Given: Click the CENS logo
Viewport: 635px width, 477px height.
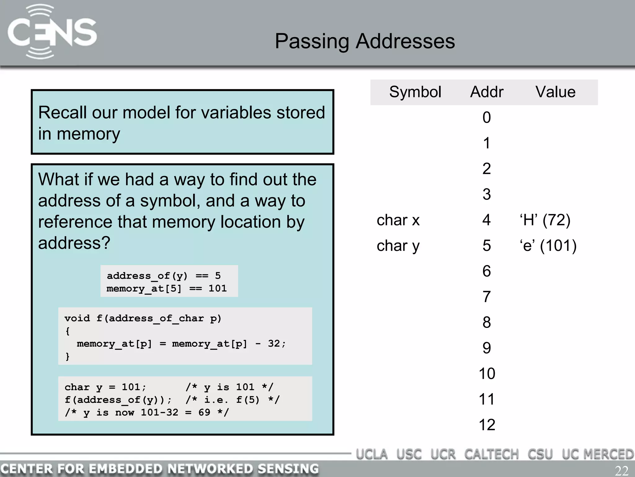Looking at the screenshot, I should click(52, 32).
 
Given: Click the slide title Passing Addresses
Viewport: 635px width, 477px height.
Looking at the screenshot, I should click(365, 41).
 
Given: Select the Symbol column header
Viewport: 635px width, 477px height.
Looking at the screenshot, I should click(415, 92).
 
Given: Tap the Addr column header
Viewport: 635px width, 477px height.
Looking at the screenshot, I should click(486, 92).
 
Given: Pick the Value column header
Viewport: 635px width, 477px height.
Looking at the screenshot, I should click(555, 92).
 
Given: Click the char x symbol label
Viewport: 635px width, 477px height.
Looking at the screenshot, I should click(398, 220).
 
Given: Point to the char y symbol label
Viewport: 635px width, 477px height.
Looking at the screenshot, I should click(398, 246).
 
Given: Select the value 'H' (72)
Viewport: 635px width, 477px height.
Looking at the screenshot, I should click(545, 220).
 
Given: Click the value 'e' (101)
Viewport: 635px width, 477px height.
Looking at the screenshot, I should click(548, 246).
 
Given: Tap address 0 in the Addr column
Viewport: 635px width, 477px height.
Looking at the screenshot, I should click(486, 118).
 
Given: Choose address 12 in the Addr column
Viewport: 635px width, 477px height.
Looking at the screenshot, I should click(487, 425).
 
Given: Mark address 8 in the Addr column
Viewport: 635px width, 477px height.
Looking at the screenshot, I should click(486, 322).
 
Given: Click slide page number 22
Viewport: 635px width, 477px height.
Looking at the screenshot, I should click(621, 471).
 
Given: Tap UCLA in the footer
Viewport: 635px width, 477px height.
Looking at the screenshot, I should click(372, 454).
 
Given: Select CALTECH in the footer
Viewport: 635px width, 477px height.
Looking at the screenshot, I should click(491, 454).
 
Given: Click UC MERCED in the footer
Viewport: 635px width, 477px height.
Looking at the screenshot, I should click(597, 454).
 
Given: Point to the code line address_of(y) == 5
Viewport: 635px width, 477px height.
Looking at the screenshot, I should click(163, 276).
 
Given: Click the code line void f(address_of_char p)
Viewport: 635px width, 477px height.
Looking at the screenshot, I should click(143, 318).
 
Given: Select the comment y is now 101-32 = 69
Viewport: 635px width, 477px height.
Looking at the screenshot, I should click(147, 413).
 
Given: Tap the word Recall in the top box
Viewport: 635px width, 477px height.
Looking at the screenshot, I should click(62, 112).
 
